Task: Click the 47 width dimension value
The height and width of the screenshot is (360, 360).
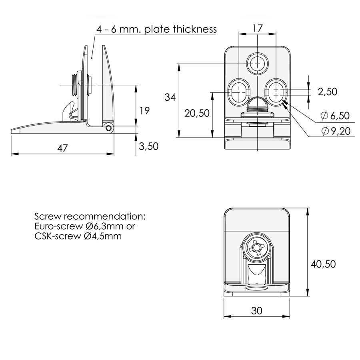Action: [62, 148]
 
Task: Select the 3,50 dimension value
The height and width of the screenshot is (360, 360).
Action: [148, 146]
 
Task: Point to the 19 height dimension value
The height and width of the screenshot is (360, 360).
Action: [144, 111]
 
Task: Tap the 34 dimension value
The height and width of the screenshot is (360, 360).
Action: [170, 97]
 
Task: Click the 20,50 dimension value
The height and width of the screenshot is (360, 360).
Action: [197, 113]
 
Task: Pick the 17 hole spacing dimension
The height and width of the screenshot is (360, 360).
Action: [257, 28]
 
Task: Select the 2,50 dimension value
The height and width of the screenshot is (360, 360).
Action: [327, 92]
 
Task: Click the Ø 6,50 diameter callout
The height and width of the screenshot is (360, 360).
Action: [335, 116]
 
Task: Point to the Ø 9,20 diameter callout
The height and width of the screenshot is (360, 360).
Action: [336, 131]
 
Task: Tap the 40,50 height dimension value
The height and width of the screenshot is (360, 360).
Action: [323, 264]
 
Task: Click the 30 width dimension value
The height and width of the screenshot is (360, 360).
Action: [256, 311]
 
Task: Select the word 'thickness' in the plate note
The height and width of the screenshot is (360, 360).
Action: [195, 29]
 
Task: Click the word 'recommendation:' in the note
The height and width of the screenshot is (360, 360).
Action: [105, 216]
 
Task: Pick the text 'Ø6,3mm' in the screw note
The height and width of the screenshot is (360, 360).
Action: [104, 226]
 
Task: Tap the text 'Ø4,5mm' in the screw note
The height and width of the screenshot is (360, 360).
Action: [103, 236]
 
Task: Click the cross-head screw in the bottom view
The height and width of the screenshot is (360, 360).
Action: [256, 248]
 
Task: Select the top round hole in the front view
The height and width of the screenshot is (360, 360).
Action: [257, 64]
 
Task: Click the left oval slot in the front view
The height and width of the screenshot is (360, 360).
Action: [239, 92]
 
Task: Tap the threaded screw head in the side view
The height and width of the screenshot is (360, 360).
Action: [76, 85]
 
